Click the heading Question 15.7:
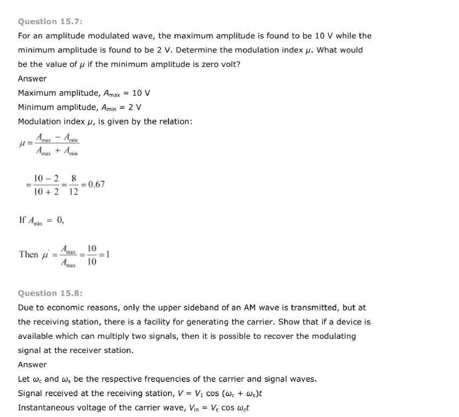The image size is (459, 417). point(50,22)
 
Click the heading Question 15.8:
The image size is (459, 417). point(50,293)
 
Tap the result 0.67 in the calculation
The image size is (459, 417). point(96,184)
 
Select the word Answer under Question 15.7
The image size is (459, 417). point(32,79)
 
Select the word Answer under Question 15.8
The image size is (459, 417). point(32,365)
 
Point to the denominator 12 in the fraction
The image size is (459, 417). point(73,192)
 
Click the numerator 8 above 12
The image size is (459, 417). point(74,178)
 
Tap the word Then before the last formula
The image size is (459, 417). point(28,254)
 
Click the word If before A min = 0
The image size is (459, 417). point(22,220)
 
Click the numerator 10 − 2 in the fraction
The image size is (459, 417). point(46,178)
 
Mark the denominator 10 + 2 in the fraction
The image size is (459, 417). point(46,192)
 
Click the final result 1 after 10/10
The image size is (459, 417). point(108,254)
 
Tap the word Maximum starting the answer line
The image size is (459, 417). point(37,93)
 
